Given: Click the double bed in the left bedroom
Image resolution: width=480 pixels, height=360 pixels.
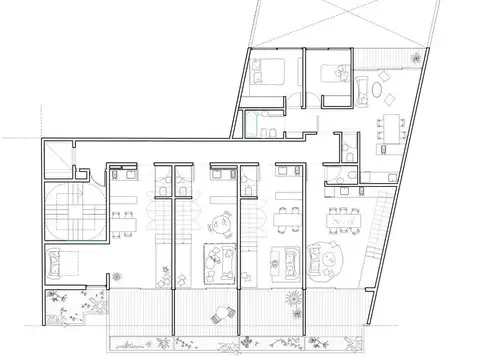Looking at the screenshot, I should pos(268,74).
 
